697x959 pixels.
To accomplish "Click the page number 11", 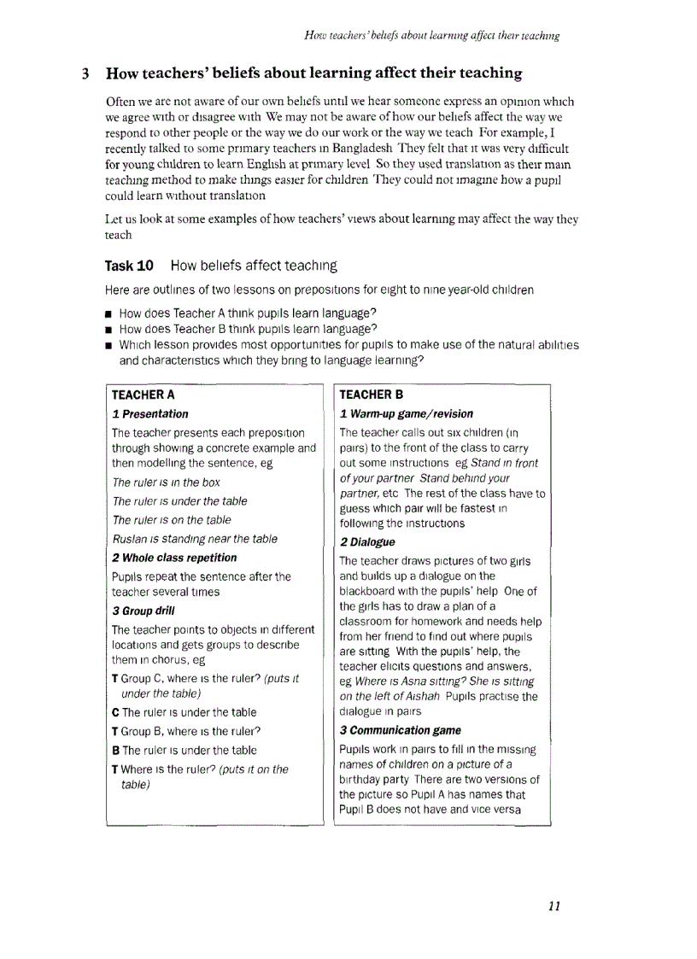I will click(553, 906).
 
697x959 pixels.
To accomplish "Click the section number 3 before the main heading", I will click(85, 73).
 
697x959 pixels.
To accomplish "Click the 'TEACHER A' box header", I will click(143, 395).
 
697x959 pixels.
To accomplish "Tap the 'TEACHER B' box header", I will click(371, 395).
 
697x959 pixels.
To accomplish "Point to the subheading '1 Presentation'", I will click(150, 414).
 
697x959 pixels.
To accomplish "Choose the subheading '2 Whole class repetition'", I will click(174, 558).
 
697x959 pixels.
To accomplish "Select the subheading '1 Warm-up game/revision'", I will click(407, 414).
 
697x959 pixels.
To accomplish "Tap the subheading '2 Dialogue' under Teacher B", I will click(367, 542).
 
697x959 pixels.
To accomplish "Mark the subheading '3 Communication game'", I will click(400, 730).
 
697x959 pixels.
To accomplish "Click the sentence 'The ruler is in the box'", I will click(166, 482).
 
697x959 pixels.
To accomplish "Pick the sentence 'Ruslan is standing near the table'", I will click(195, 539).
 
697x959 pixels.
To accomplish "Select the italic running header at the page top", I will click(431, 36).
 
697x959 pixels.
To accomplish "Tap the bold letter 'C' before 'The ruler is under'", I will click(115, 712).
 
